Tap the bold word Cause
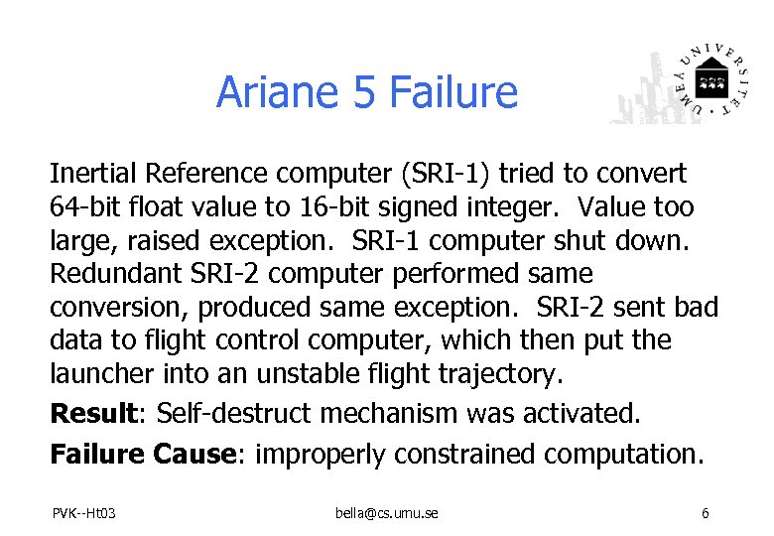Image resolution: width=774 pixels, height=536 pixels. click(193, 454)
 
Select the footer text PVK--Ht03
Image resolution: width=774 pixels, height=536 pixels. click(85, 513)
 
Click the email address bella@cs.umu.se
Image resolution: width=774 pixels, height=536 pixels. click(386, 513)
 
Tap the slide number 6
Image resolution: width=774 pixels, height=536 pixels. click(705, 513)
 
